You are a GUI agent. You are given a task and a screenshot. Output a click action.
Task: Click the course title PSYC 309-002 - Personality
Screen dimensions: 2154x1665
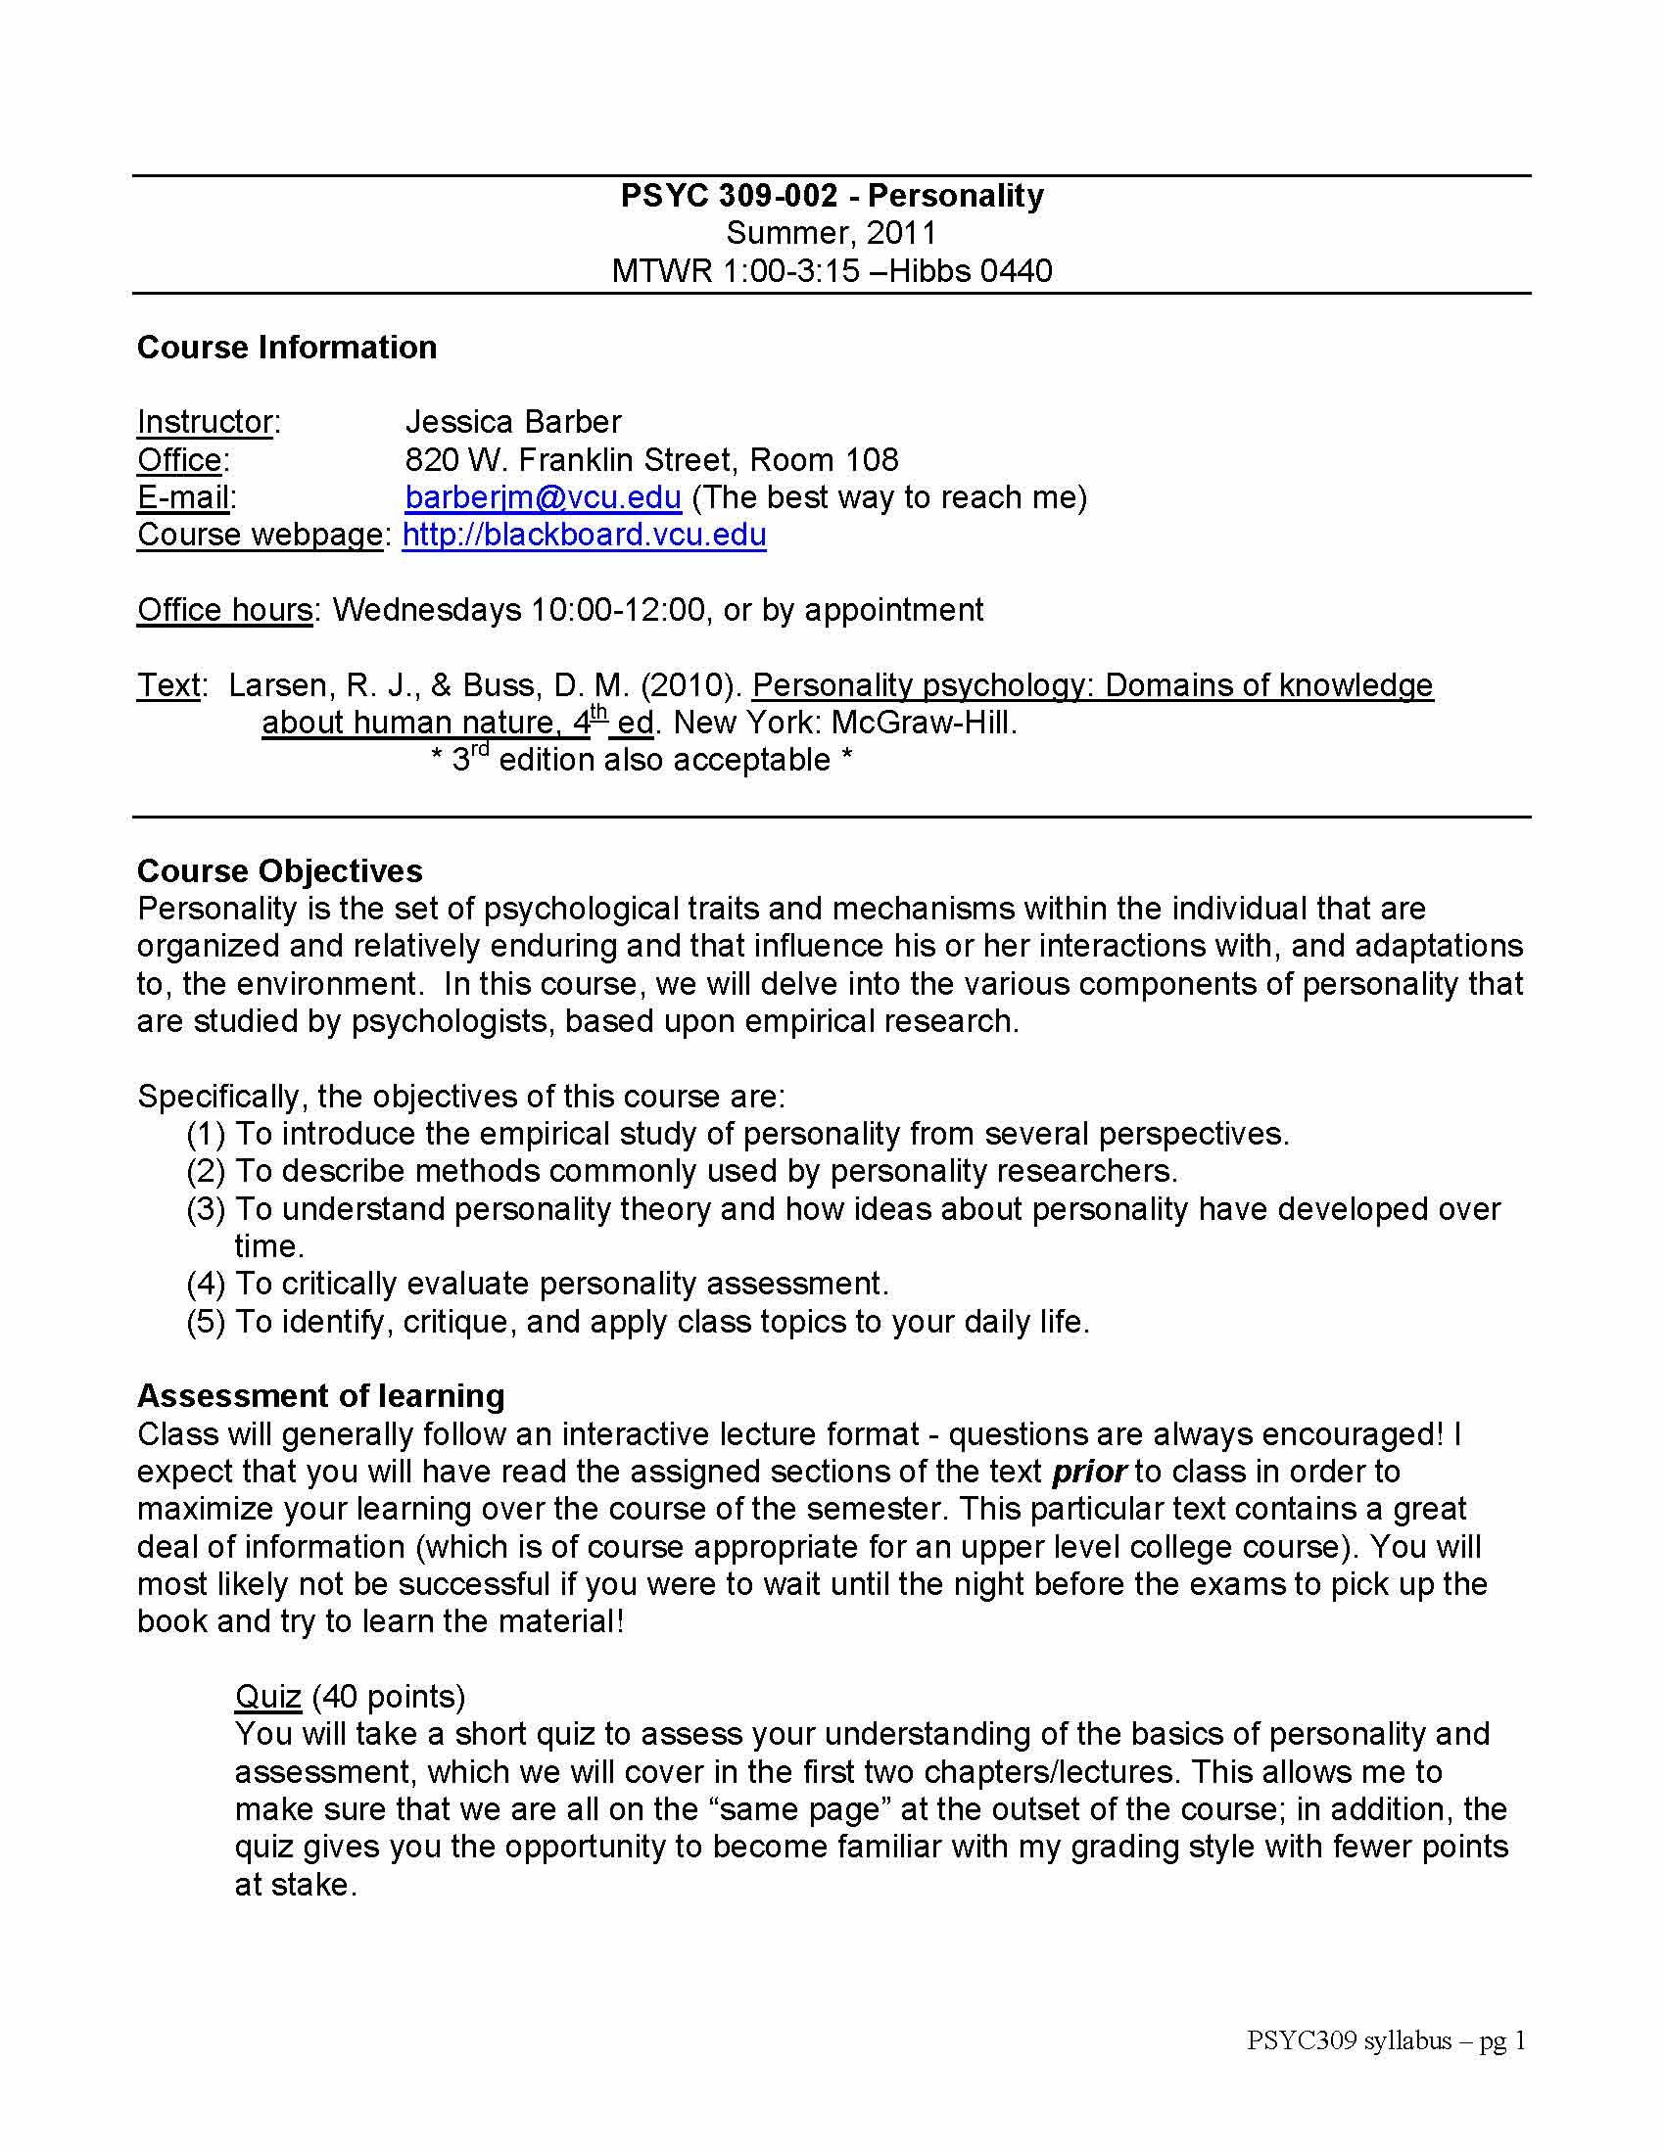(832, 195)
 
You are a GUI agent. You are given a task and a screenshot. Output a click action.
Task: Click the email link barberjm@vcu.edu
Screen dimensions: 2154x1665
(543, 497)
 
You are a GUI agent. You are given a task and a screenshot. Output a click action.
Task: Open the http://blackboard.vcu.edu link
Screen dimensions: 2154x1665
(584, 535)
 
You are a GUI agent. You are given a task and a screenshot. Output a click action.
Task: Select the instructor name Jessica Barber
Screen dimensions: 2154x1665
(513, 422)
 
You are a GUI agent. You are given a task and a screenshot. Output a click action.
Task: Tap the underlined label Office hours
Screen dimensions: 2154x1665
(224, 610)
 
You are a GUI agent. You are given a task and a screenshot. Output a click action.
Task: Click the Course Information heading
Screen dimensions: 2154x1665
(286, 348)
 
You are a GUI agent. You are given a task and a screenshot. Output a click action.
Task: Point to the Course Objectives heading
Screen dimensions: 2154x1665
(279, 870)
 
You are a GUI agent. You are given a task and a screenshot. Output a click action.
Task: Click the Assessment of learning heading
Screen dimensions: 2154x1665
(320, 1395)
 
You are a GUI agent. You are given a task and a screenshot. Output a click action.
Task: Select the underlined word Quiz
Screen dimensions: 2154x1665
(267, 1697)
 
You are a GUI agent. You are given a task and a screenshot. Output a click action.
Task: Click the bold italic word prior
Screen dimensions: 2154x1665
(1088, 1472)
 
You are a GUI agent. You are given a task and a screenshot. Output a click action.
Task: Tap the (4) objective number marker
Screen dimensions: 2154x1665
(206, 1285)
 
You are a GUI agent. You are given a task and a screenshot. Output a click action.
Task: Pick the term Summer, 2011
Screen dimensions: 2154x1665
(832, 233)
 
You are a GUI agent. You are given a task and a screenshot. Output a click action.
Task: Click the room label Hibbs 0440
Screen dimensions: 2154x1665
(971, 270)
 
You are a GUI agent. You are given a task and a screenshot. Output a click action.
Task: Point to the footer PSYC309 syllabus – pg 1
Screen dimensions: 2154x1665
(1386, 2040)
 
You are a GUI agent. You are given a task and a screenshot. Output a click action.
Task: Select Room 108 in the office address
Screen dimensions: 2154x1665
(824, 459)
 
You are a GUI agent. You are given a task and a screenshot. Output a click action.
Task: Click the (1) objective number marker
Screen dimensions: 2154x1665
(206, 1134)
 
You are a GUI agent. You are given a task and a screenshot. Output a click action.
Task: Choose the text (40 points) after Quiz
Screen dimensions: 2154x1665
(389, 1697)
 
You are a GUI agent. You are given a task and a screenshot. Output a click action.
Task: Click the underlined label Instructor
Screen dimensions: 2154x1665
(204, 422)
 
